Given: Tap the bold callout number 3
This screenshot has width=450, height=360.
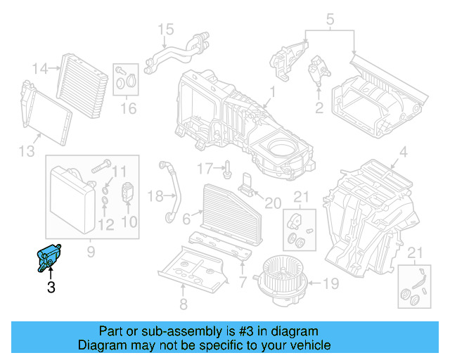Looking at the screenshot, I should [51, 287].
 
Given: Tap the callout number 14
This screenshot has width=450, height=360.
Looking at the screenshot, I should [41, 69].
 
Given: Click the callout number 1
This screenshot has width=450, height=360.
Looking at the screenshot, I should [271, 91].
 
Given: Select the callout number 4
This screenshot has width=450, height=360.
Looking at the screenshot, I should [403, 153].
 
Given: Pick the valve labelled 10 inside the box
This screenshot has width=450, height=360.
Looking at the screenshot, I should [127, 192].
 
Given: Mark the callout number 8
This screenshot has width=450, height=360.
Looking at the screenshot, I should [183, 304].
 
